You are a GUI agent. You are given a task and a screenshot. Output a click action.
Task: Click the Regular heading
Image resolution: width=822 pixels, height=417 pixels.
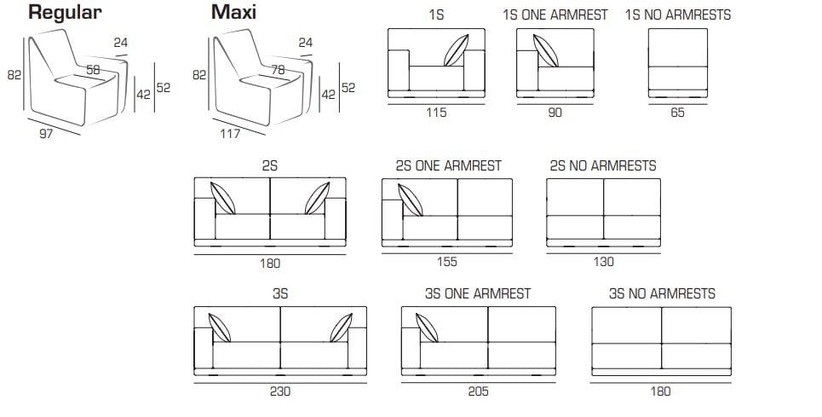click(65, 13)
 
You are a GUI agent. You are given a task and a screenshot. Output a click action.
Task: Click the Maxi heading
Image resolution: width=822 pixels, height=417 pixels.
click(233, 12)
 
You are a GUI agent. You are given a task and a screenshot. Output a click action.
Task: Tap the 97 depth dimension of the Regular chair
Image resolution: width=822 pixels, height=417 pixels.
click(46, 134)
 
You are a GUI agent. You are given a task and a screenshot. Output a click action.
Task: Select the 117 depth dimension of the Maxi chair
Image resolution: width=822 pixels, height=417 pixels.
click(230, 134)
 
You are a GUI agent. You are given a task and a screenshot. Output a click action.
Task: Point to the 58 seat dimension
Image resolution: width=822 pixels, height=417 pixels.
click(94, 70)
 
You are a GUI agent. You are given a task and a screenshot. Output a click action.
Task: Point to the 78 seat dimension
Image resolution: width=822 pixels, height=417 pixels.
click(279, 70)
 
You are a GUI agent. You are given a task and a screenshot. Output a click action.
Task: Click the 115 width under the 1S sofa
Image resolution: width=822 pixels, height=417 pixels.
click(436, 113)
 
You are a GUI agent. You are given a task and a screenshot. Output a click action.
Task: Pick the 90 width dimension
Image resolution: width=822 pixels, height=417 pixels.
click(555, 113)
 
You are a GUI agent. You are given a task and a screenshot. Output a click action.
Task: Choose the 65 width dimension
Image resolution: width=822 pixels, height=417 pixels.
click(677, 113)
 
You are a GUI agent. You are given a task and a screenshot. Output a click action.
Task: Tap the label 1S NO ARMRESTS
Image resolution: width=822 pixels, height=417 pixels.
click(678, 14)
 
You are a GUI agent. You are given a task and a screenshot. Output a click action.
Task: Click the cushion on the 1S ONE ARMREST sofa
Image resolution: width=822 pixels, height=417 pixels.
click(546, 51)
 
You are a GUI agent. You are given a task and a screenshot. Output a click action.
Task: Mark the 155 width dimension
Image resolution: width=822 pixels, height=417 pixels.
click(446, 262)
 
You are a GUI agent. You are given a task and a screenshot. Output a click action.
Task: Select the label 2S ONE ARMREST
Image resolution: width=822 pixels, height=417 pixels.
click(448, 165)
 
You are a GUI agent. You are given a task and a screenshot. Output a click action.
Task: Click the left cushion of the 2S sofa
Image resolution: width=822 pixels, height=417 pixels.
click(223, 199)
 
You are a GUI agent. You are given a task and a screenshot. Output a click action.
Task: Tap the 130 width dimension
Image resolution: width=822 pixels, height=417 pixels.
click(603, 262)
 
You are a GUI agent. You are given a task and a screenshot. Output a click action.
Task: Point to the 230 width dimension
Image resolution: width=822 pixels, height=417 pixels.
click(280, 391)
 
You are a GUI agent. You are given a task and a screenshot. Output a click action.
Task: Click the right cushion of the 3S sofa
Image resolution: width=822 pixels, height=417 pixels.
click(342, 327)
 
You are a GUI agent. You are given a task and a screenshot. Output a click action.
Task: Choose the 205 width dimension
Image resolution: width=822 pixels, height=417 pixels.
click(478, 391)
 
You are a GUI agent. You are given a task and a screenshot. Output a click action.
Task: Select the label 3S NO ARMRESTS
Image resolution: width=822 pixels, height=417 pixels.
click(662, 293)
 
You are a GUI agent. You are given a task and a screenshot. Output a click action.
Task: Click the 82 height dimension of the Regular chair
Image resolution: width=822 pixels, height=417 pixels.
click(14, 75)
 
